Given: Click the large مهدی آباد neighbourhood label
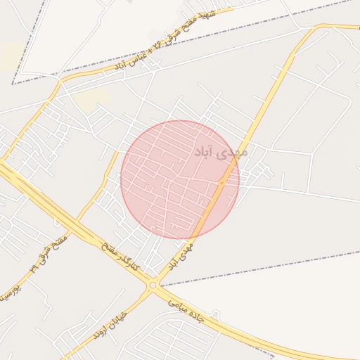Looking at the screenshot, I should pyautogui.click(x=221, y=151).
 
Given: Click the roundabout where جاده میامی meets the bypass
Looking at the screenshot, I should pyautogui.click(x=153, y=285).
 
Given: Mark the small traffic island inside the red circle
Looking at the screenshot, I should pyautogui.click(x=221, y=183).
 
